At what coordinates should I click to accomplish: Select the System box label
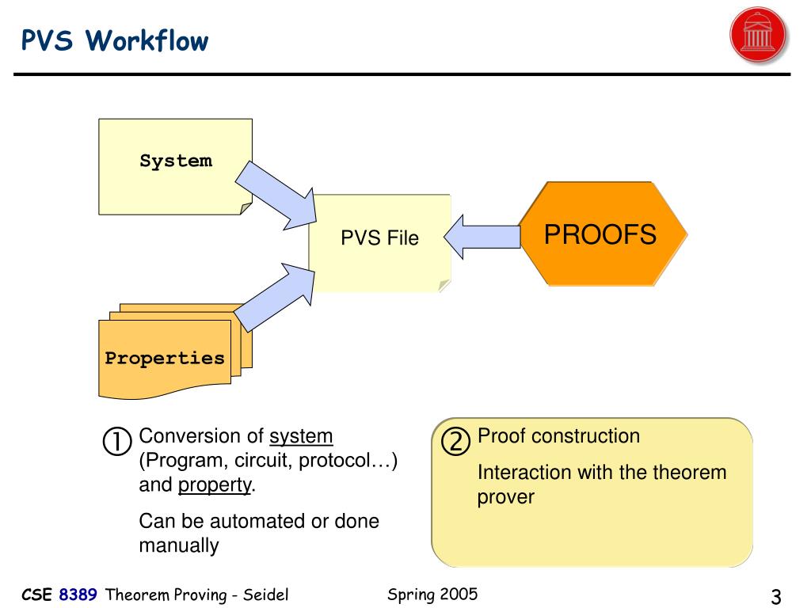176,161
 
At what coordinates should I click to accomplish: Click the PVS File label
379,237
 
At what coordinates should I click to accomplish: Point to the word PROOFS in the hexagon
600,234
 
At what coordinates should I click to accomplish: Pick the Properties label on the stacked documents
165,358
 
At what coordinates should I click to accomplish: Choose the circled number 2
456,441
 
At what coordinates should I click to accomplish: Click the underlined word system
301,436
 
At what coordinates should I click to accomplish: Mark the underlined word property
215,485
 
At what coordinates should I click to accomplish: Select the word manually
178,545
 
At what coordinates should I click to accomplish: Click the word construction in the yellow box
585,436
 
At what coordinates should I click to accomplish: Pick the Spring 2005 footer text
432,594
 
